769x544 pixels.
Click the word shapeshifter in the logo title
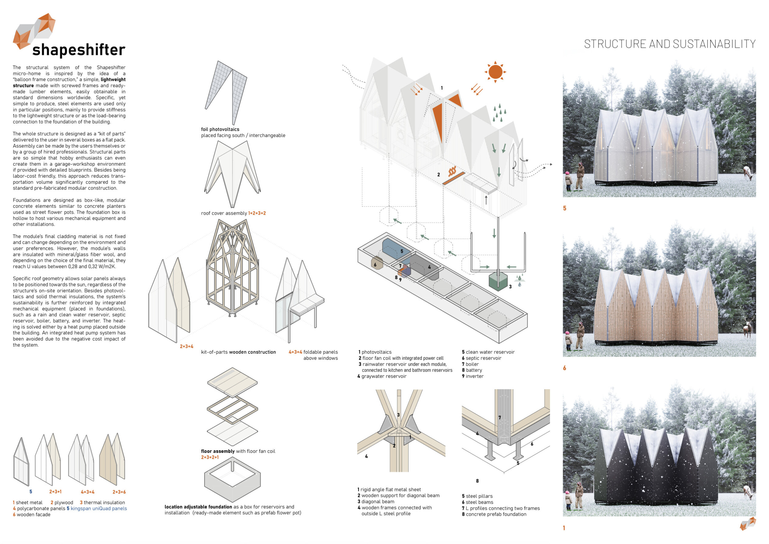pyautogui.click(x=79, y=50)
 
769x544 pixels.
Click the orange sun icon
pyautogui.click(x=495, y=72)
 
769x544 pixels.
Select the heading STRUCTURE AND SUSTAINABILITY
pyautogui.click(x=670, y=44)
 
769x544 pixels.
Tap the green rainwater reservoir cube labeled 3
pyautogui.click(x=498, y=282)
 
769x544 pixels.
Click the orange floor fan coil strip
pyautogui.click(x=453, y=178)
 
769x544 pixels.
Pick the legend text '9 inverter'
pyautogui.click(x=472, y=376)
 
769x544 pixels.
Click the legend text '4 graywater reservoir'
pyautogui.click(x=382, y=376)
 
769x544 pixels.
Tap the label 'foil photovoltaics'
pyautogui.click(x=220, y=129)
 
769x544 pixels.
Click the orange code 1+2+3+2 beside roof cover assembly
pyautogui.click(x=257, y=213)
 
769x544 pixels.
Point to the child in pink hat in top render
pyautogui.click(x=568, y=181)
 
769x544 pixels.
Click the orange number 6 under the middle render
pyautogui.click(x=565, y=368)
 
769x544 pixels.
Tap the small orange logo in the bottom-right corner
pyautogui.click(x=747, y=524)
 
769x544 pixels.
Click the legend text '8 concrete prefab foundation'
pyautogui.click(x=494, y=514)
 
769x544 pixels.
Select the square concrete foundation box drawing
pyautogui.click(x=232, y=481)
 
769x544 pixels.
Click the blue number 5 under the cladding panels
pyautogui.click(x=30, y=492)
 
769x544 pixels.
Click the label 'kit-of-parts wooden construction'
pyautogui.click(x=238, y=352)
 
